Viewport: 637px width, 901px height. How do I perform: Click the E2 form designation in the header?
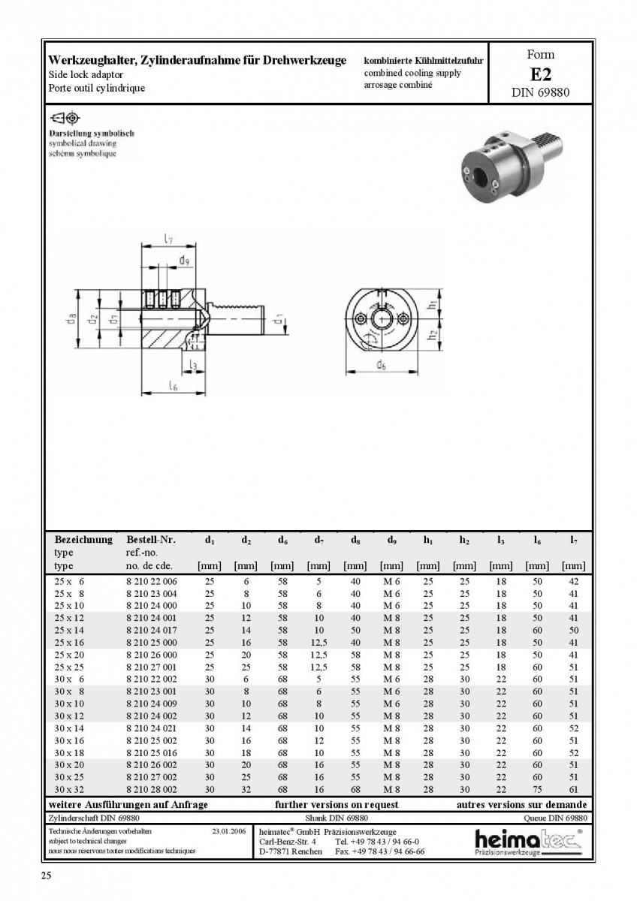pyautogui.click(x=540, y=74)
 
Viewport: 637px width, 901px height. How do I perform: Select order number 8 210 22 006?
pyautogui.click(x=152, y=582)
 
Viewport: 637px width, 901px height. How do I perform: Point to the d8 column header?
pyautogui.click(x=355, y=540)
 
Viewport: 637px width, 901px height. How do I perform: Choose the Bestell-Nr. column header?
pyautogui.click(x=151, y=540)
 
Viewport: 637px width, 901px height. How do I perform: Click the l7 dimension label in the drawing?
pyautogui.click(x=168, y=239)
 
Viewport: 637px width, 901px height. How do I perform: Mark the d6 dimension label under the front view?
pyautogui.click(x=382, y=365)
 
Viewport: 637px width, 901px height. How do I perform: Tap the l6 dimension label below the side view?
pyautogui.click(x=173, y=386)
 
